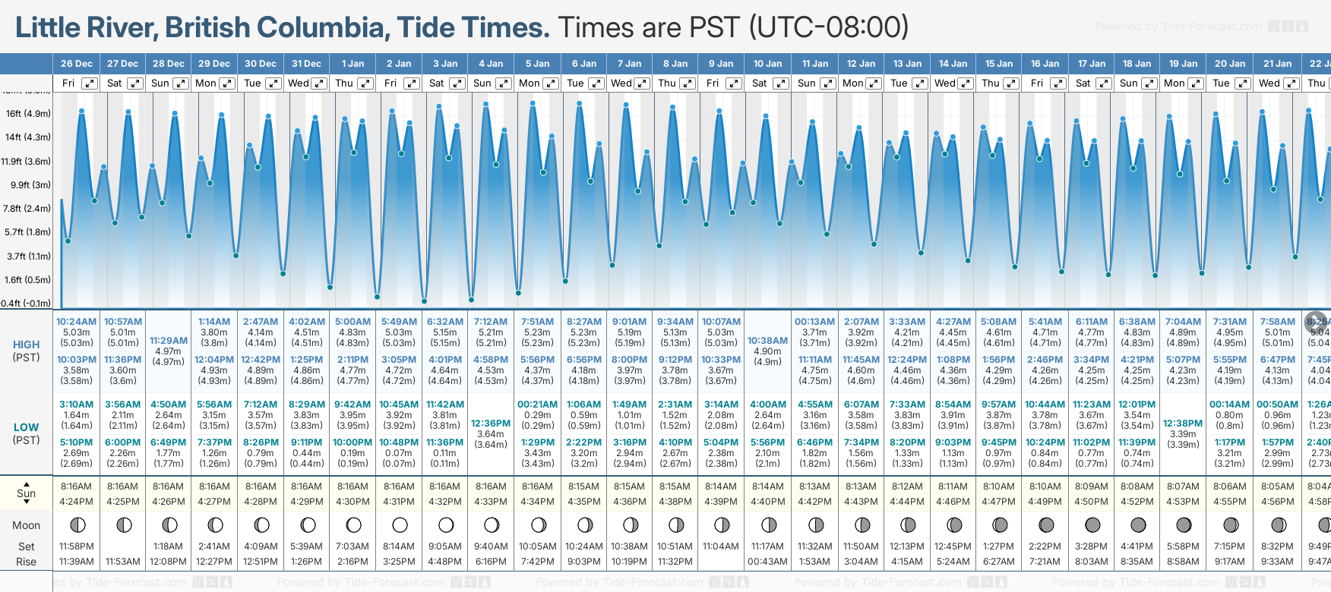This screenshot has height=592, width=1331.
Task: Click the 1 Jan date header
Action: pyautogui.click(x=353, y=64)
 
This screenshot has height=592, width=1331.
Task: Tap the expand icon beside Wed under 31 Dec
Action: pyautogui.click(x=319, y=83)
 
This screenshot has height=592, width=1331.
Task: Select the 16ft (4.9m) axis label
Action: pyautogui.click(x=28, y=114)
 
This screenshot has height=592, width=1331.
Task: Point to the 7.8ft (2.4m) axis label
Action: pyautogui.click(x=27, y=209)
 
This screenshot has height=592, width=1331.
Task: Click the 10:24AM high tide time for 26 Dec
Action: pyautogui.click(x=76, y=322)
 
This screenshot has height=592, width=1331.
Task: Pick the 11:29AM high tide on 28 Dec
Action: pyautogui.click(x=168, y=341)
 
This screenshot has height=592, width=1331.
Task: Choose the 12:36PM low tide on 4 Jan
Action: pyautogui.click(x=491, y=424)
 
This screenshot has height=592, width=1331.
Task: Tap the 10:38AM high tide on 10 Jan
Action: pyautogui.click(x=767, y=341)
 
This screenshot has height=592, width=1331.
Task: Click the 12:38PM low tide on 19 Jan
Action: pyautogui.click(x=1183, y=424)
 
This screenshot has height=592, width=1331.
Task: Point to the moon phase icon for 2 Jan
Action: pyautogui.click(x=400, y=524)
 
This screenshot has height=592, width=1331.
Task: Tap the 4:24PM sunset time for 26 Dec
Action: pyautogui.click(x=76, y=502)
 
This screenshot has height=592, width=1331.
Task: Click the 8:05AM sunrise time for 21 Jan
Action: pyautogui.click(x=1277, y=487)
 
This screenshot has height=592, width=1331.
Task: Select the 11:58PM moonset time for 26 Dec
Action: pyautogui.click(x=76, y=546)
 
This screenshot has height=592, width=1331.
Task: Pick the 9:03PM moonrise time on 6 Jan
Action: pyautogui.click(x=583, y=562)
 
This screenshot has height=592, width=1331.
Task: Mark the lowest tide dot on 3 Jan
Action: pyautogui.click(x=424, y=301)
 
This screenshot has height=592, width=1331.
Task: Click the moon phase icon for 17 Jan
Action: pyautogui.click(x=1092, y=524)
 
